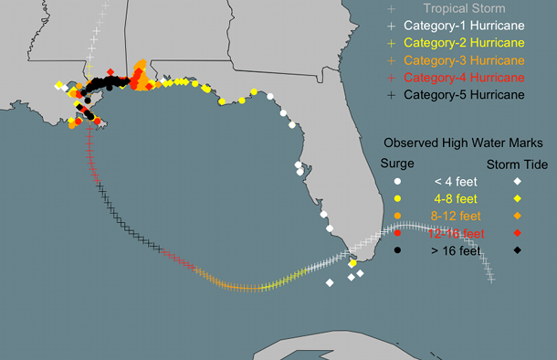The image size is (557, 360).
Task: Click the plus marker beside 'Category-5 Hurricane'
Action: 391,94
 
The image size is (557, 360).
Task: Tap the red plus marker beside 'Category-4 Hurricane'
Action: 391,77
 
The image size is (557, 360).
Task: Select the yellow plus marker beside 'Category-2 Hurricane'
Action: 391,43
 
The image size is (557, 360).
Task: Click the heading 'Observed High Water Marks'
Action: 464,143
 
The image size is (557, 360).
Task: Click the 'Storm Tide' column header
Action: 517,164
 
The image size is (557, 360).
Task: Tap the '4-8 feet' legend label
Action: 455,198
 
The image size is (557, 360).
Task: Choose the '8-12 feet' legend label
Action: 455,216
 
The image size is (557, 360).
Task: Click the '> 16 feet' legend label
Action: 455,250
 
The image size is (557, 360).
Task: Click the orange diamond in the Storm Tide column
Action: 517,216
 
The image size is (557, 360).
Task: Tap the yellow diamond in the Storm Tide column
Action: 517,198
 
